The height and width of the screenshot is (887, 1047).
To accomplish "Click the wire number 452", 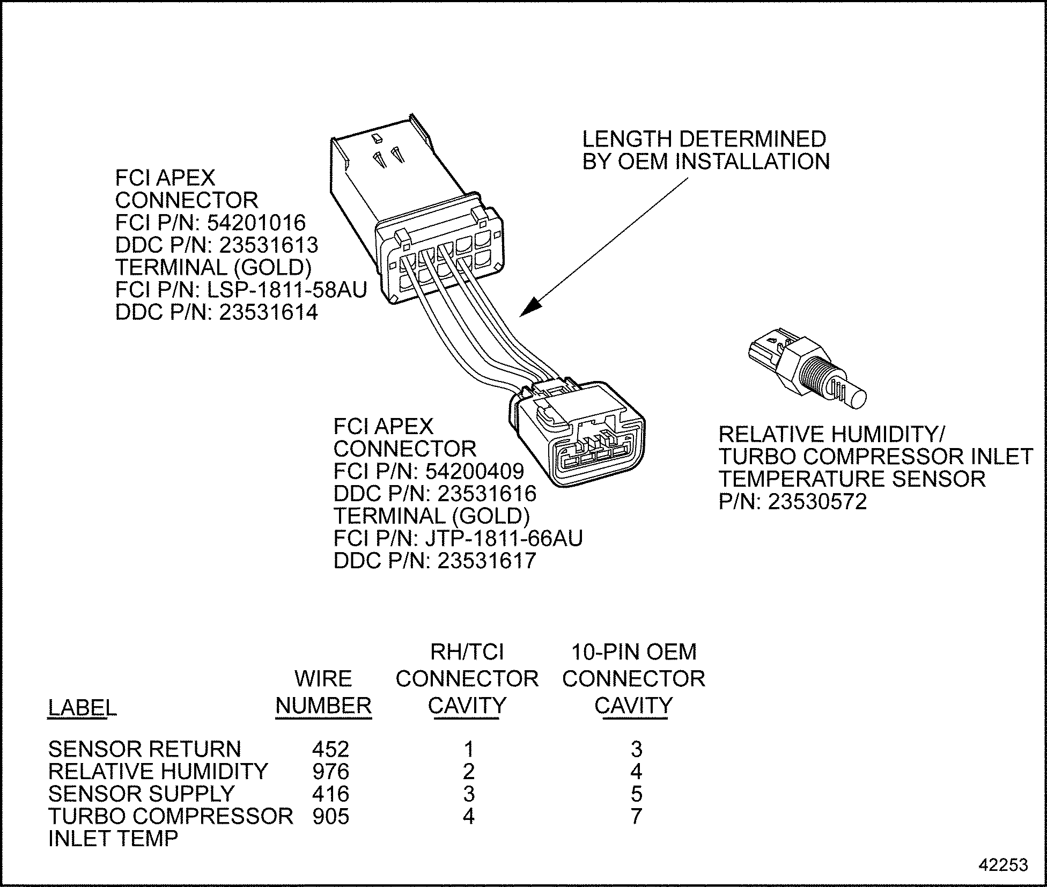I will (x=330, y=749).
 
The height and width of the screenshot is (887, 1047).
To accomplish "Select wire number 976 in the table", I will (x=330, y=772).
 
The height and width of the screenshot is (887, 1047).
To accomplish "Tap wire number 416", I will (x=330, y=794).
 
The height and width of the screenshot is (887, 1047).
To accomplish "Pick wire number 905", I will (x=330, y=816).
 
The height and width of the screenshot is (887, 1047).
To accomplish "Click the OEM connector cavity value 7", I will (x=636, y=816).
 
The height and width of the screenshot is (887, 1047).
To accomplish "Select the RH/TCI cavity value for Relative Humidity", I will (x=468, y=772).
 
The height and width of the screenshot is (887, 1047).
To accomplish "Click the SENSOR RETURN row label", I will (x=145, y=749).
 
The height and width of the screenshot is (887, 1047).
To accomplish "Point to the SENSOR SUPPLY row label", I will (x=142, y=794).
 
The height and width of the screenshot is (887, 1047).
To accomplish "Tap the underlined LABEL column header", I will (x=82, y=708).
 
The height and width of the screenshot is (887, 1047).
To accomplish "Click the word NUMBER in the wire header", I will (x=323, y=705).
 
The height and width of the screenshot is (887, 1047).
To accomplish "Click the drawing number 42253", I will (x=1004, y=865).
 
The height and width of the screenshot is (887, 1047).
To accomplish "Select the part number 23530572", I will (x=817, y=502).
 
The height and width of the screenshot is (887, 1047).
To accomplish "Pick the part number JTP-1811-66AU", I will (x=504, y=538).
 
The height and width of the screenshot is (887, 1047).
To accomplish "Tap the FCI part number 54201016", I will (x=263, y=223).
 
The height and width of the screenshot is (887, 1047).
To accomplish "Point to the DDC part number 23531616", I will (x=487, y=493).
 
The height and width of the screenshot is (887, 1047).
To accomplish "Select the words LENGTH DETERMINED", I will (x=704, y=139).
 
